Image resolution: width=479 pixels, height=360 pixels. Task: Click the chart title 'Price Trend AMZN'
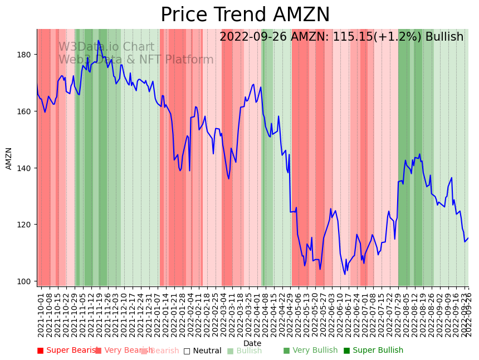[x=245, y=15]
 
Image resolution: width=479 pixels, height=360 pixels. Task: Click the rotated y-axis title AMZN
[x=9, y=158]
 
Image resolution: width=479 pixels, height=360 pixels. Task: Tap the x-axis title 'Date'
[x=252, y=343]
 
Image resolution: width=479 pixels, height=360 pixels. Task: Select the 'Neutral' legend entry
[x=202, y=351]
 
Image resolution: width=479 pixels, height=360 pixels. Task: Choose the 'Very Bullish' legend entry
[x=310, y=351]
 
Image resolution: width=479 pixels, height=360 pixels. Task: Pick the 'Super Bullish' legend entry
[x=373, y=351]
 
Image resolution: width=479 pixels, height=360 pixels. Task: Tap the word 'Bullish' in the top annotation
[x=444, y=37]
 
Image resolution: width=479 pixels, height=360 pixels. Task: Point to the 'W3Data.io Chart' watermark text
[x=106, y=47]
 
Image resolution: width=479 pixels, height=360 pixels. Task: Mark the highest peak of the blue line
[x=99, y=41]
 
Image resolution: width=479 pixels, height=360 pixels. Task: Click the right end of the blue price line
[x=468, y=238]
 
